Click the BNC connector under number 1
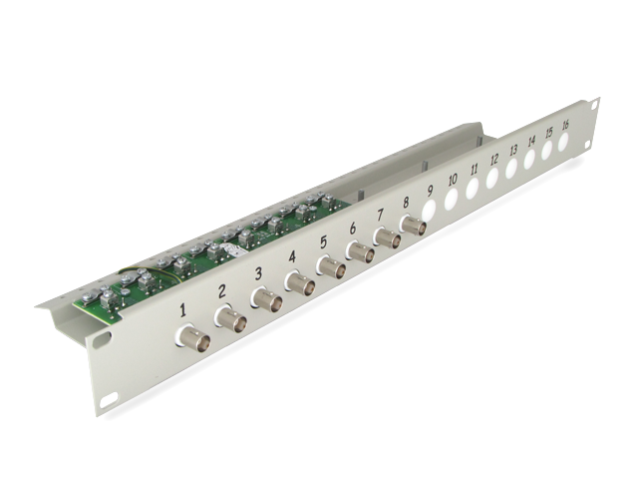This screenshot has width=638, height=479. pos(193,335)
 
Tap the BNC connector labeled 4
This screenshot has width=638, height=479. pos(300,283)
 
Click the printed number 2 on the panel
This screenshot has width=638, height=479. pos(221,291)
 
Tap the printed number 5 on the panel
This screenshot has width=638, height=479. pos(323,242)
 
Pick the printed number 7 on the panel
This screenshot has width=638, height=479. pos(381,215)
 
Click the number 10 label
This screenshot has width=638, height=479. pos(452,179)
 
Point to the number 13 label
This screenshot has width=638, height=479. pos(513,150)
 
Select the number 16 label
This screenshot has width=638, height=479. pos(565,125)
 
